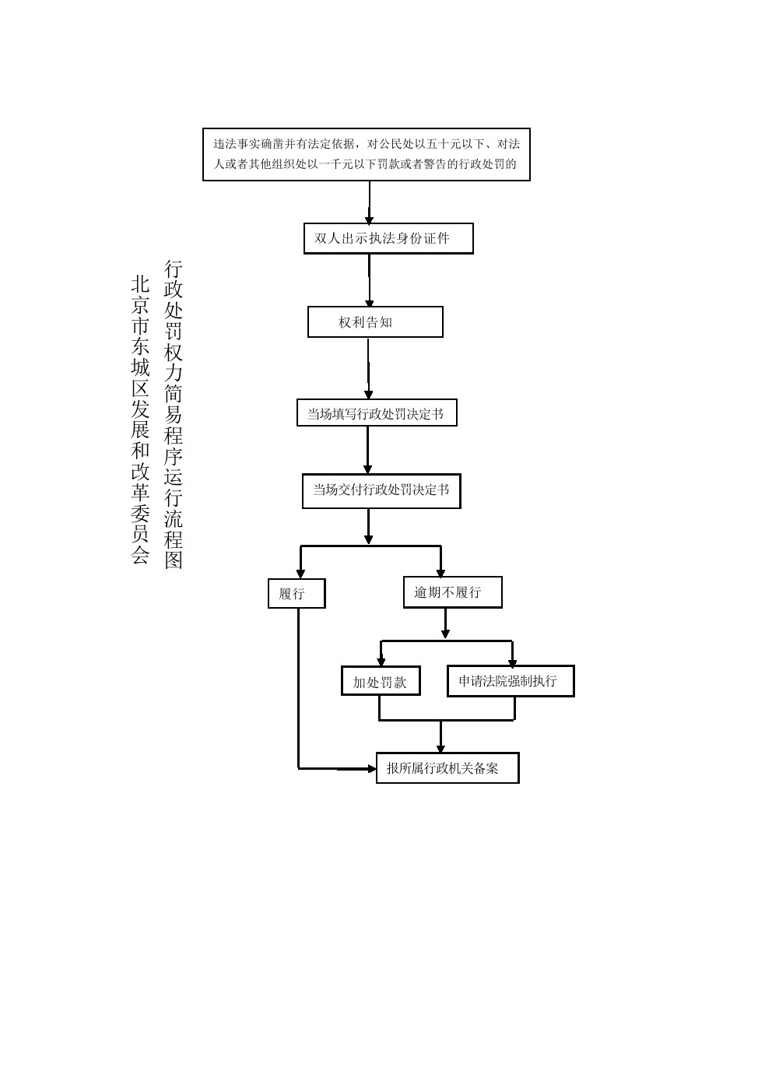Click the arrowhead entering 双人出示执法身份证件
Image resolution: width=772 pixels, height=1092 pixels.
[x=370, y=219]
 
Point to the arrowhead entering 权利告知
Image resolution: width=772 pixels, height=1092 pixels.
[x=370, y=302]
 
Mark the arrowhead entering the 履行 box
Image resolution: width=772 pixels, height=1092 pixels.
[x=300, y=574]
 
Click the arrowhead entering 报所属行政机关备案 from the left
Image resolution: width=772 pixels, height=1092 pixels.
[x=371, y=769]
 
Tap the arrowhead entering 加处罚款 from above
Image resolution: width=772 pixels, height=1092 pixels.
[x=381, y=662]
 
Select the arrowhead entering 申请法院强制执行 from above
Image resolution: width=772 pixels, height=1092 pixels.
[x=512, y=662]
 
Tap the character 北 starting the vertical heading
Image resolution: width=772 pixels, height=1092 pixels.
[x=140, y=284]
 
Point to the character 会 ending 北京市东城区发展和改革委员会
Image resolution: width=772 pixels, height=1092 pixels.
[x=140, y=554]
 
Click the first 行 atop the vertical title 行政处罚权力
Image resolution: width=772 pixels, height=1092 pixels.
[x=174, y=269]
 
